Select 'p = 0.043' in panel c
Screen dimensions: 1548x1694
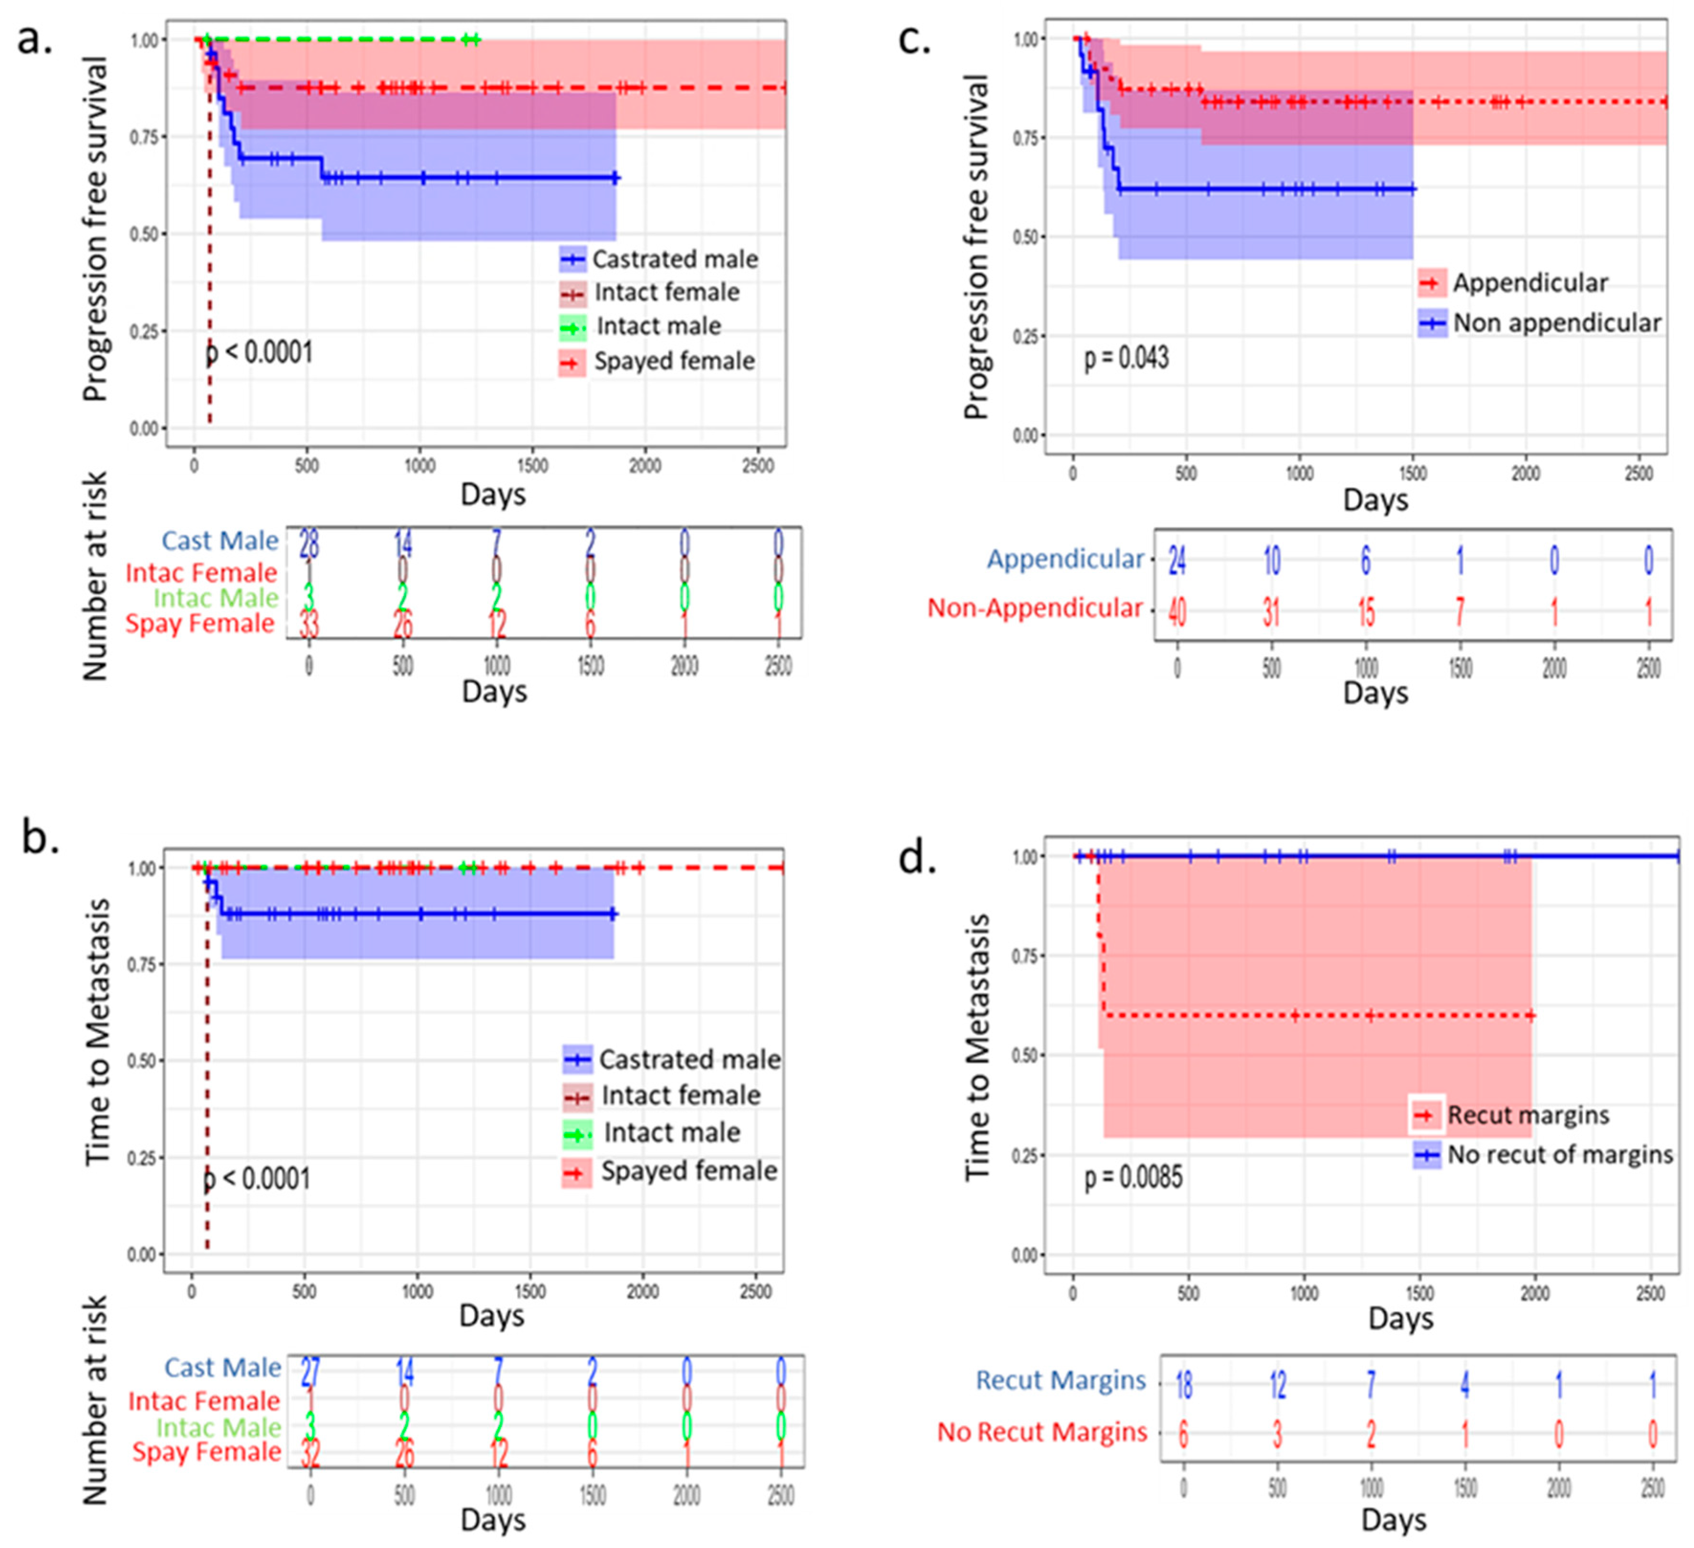point(1126,358)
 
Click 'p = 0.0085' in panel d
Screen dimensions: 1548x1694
point(1133,1177)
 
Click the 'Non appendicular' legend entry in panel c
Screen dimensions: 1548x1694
point(1556,323)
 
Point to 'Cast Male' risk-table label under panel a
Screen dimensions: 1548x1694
point(220,541)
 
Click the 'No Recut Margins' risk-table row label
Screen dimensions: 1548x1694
point(1042,1431)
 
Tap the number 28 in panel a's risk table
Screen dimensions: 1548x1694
point(309,544)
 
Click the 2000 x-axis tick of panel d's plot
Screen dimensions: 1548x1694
point(1534,1293)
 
